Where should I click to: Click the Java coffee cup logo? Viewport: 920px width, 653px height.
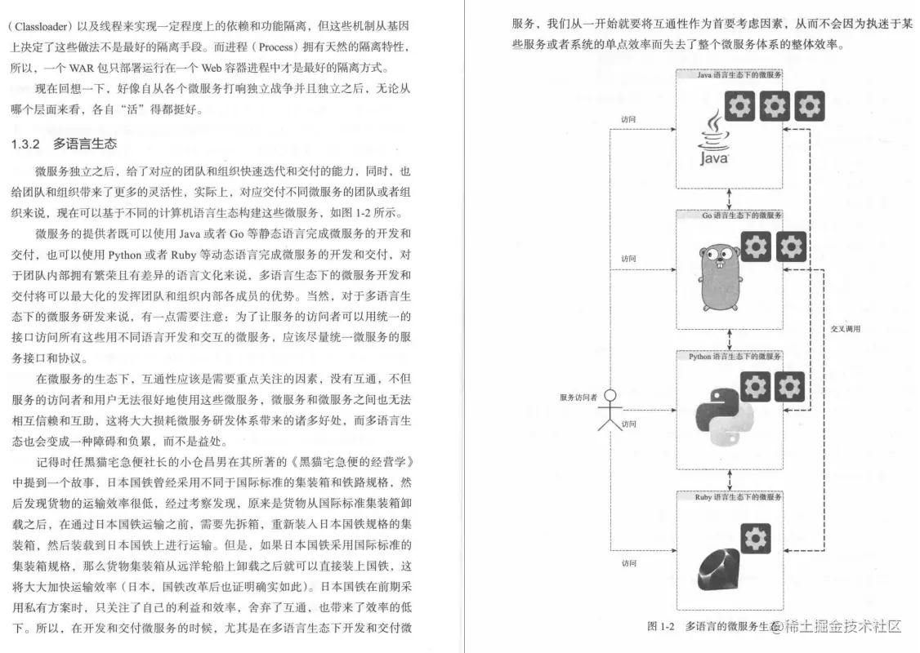[713, 140]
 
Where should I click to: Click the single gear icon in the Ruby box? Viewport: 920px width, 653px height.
[756, 537]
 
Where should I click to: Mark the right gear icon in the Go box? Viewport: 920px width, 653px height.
[790, 247]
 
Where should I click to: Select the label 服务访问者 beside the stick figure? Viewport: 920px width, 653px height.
[578, 398]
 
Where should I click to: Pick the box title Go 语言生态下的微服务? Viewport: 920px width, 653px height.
[730, 215]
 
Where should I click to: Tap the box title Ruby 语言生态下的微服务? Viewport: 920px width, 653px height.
[730, 496]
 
